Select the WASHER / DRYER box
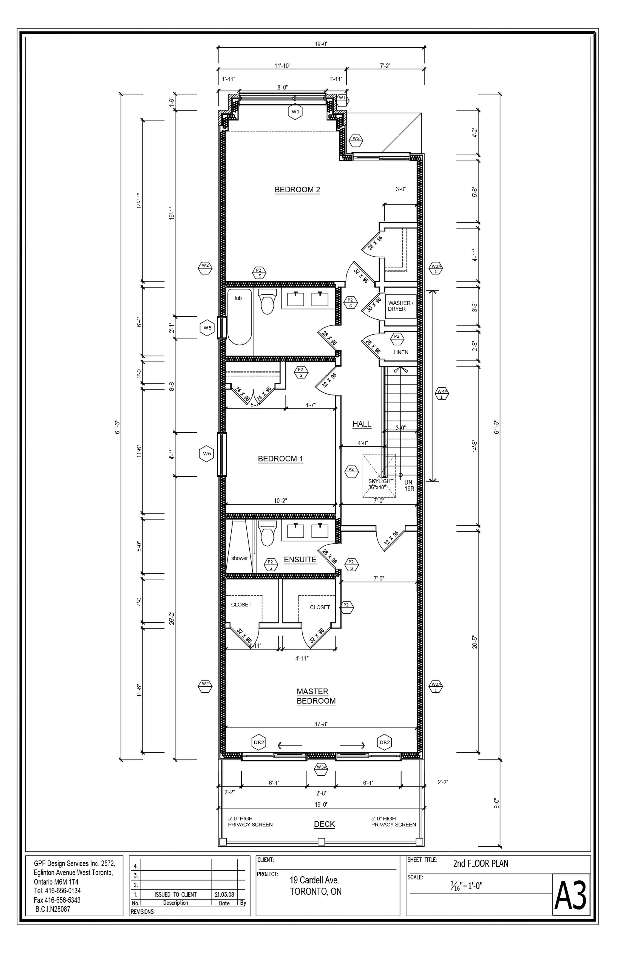coord(401,306)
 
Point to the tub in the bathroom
coord(240,317)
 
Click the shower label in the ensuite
coord(240,558)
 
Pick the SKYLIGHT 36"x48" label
coord(381,484)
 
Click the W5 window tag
coord(207,328)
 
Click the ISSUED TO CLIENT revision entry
coord(176,894)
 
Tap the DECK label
coord(325,824)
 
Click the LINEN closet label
coord(401,352)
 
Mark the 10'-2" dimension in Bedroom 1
coord(281,501)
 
